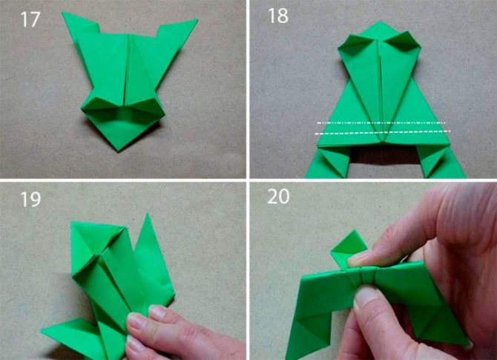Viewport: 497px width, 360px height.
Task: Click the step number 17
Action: click(x=30, y=19)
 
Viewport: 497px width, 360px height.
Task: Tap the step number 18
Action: click(x=278, y=16)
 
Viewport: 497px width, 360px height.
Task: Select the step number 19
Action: click(x=30, y=200)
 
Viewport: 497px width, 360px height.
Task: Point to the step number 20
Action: click(x=278, y=197)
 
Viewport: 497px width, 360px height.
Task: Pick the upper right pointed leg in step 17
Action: click(x=177, y=28)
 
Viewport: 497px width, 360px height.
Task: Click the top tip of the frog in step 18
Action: click(x=381, y=22)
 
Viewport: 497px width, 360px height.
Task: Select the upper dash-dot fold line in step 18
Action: click(x=381, y=122)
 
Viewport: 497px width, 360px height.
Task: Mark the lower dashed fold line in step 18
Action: click(x=383, y=132)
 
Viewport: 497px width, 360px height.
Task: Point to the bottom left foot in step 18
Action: click(x=328, y=163)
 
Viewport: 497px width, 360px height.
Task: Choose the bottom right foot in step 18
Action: click(x=439, y=162)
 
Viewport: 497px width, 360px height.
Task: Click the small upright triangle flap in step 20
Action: click(x=349, y=247)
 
